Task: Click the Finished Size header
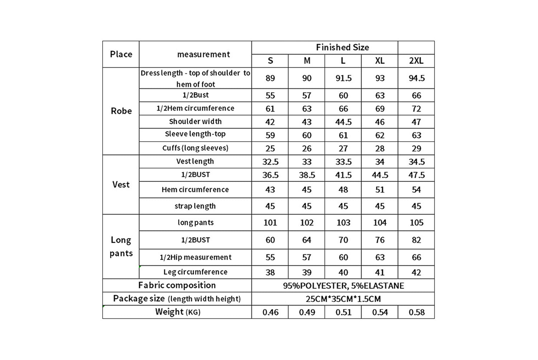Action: click(342, 47)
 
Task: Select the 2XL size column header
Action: click(416, 61)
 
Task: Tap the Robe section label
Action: click(121, 111)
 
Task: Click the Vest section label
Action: click(121, 184)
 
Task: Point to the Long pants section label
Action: click(121, 246)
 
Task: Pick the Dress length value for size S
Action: click(270, 78)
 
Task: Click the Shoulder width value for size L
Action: click(343, 122)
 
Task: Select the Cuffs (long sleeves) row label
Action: click(195, 148)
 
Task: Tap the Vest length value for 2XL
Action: click(416, 162)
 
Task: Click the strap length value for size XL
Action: click(379, 206)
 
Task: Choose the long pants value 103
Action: click(343, 223)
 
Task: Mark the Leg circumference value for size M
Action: click(307, 273)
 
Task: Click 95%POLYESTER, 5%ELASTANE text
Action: click(343, 286)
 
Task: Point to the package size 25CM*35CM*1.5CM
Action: click(343, 299)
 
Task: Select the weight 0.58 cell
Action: click(416, 312)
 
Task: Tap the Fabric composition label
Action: click(177, 285)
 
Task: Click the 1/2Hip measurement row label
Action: click(195, 257)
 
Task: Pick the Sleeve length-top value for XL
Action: click(379, 135)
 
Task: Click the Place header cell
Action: click(121, 54)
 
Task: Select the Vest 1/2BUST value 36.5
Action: click(270, 175)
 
